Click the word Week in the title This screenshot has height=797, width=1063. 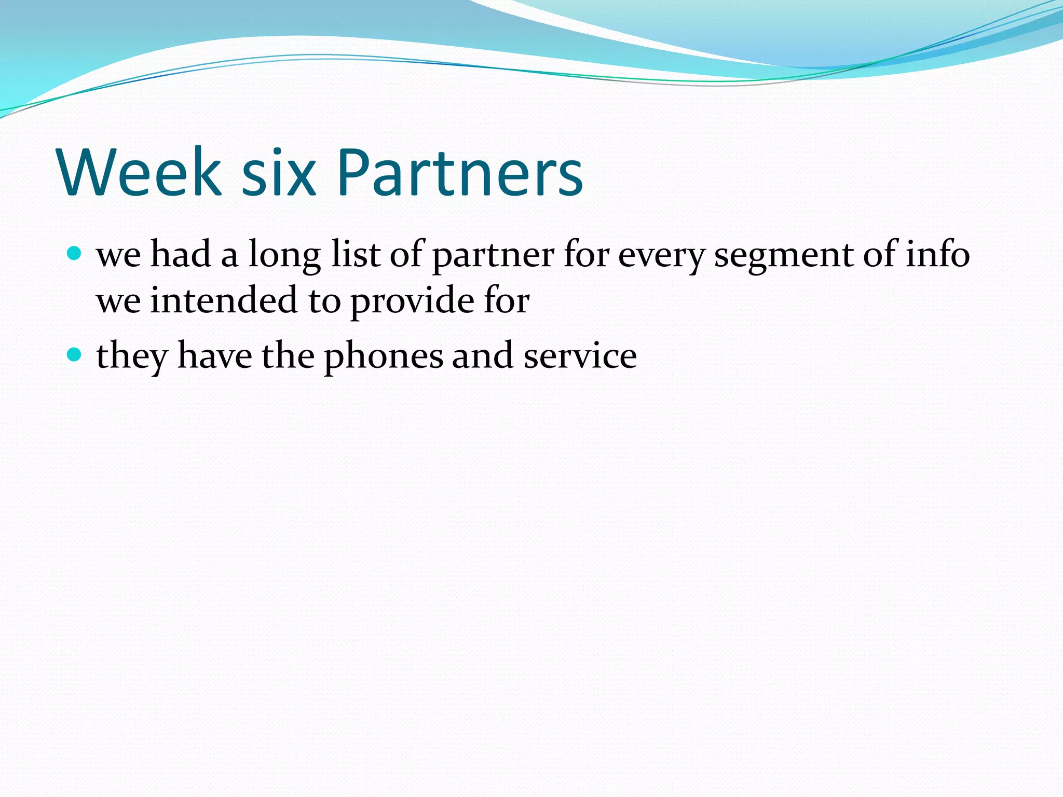tap(140, 172)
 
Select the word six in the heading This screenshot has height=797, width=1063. tap(279, 172)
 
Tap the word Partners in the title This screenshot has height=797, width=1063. tap(460, 172)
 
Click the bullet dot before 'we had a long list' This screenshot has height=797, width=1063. tap(75, 254)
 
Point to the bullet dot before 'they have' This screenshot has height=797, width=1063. tap(75, 355)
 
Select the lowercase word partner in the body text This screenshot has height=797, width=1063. tap(493, 255)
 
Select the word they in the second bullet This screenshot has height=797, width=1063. tap(132, 356)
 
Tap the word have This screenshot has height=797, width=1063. tap(214, 355)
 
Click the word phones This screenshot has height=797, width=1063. tap(384, 356)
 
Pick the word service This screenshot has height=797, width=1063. tap(580, 356)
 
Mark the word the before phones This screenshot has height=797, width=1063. tap(288, 355)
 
